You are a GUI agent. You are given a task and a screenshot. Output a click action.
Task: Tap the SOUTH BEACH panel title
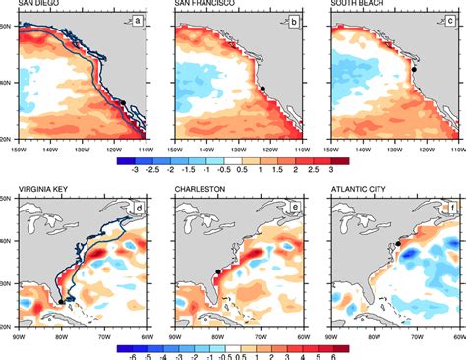click(x=360, y=5)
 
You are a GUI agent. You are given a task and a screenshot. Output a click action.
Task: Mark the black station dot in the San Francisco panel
click(x=262, y=90)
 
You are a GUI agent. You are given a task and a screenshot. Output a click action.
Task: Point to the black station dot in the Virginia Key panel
click(x=61, y=301)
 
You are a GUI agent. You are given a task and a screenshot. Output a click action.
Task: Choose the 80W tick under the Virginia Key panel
click(x=62, y=334)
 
